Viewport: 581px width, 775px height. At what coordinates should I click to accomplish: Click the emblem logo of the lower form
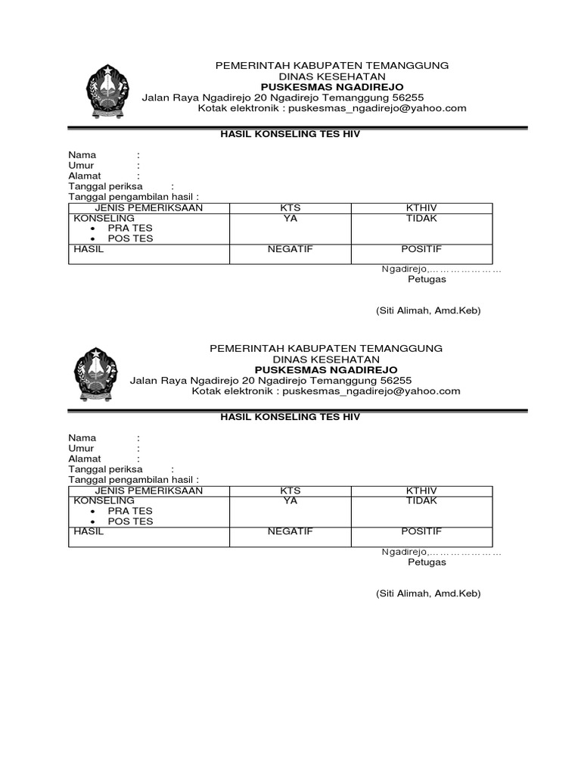coord(96,375)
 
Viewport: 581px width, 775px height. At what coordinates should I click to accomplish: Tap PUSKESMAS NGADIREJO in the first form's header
coord(332,86)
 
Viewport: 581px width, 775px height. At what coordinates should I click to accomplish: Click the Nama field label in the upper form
coord(82,155)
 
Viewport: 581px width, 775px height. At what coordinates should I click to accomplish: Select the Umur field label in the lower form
coord(81,448)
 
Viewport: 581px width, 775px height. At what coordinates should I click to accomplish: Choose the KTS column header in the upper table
coord(290,208)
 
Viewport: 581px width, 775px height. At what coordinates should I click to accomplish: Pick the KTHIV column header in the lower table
coord(421,491)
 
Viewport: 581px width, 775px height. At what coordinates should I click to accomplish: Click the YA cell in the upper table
coord(290,219)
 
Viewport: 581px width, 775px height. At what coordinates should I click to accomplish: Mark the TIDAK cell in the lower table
coord(421,501)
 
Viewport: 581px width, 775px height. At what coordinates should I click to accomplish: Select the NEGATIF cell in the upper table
coord(290,249)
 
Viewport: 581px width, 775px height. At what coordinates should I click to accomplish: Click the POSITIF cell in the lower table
coord(421,531)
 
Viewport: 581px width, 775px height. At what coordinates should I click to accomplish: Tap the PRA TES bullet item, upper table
coord(130,229)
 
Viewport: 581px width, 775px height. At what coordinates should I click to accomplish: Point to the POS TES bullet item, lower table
coord(130,521)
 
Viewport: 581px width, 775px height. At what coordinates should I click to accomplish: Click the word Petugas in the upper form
coord(427,279)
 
